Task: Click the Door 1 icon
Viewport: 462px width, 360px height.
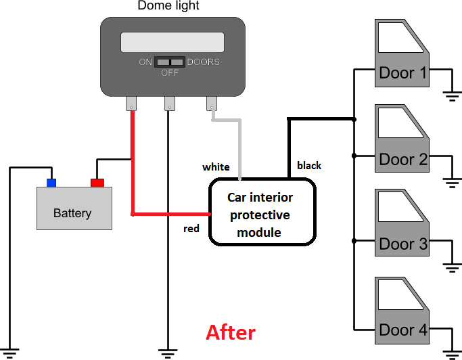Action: pyautogui.click(x=402, y=54)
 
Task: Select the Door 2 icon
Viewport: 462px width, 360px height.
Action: pyautogui.click(x=402, y=141)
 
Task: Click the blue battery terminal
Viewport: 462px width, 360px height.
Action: pyautogui.click(x=51, y=182)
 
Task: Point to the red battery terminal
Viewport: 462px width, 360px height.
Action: pyautogui.click(x=97, y=182)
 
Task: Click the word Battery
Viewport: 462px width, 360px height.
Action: pyautogui.click(x=72, y=213)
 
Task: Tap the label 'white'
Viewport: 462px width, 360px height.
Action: pyautogui.click(x=216, y=166)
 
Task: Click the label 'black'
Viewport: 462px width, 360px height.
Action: pyautogui.click(x=309, y=165)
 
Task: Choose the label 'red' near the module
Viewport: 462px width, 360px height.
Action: pyautogui.click(x=191, y=229)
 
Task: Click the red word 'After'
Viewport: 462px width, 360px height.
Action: pyautogui.click(x=231, y=332)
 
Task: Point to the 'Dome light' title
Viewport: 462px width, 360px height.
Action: pyautogui.click(x=168, y=7)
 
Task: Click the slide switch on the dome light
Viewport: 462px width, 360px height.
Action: pyautogui.click(x=169, y=62)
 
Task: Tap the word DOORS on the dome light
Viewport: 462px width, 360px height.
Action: pyautogui.click(x=203, y=62)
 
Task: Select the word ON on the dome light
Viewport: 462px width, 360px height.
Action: pyautogui.click(x=145, y=62)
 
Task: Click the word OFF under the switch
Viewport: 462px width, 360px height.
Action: pyautogui.click(x=170, y=73)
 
